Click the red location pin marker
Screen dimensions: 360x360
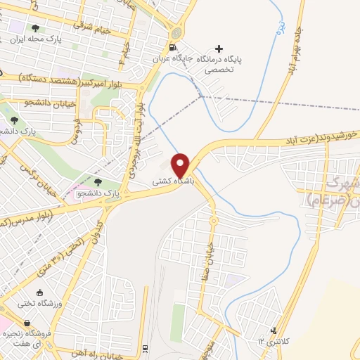pyautogui.click(x=181, y=165)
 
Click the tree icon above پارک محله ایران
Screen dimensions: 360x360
pyautogui.click(x=35, y=29)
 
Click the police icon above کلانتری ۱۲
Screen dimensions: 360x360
pyautogui.click(x=274, y=331)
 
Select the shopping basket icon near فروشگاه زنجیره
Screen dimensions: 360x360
pyautogui.click(x=8, y=323)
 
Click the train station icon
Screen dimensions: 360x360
pyautogui.click(x=145, y=349)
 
